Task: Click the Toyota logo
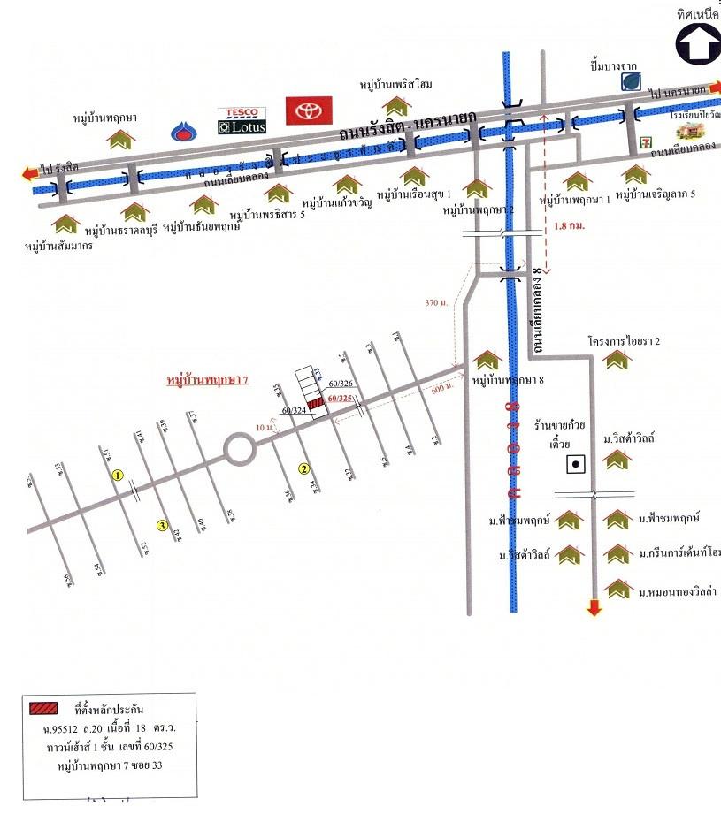tap(309, 110)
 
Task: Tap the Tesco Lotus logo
tap(242, 120)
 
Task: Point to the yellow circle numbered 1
tap(117, 475)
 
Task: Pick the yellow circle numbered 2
tap(303, 468)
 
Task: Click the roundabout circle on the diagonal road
tap(240, 450)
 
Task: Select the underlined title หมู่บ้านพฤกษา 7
tap(208, 380)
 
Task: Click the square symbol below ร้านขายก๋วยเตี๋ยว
tap(576, 463)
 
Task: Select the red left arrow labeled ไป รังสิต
tap(29, 174)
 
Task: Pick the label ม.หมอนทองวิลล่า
tap(679, 589)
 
